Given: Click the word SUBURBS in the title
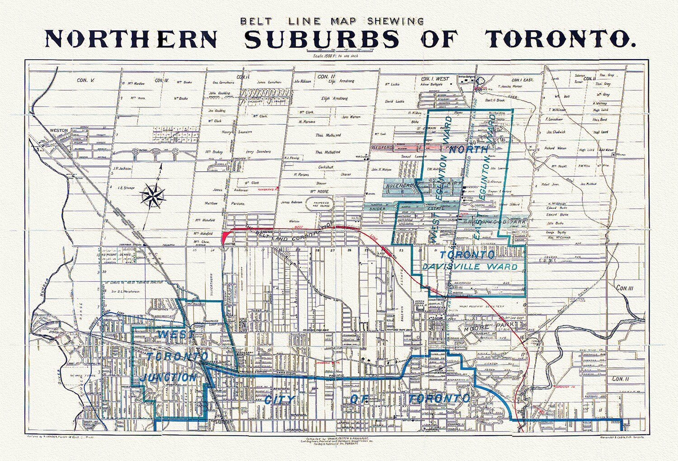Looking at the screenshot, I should [322, 39].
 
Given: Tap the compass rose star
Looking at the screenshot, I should [153, 197].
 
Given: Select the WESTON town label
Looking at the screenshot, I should [59, 130].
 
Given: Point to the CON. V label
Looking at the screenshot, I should [85, 80].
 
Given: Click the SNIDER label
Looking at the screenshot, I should [378, 209].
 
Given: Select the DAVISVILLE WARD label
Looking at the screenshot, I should [470, 267].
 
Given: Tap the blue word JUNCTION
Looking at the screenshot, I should [168, 377].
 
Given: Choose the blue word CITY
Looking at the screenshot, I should [279, 400].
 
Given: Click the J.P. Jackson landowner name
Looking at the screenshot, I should [122, 168].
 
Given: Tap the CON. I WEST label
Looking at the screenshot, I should [435, 79].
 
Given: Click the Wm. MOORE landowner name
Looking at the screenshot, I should [319, 191].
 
